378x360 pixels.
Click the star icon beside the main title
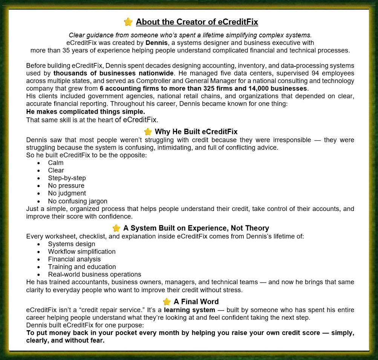128,22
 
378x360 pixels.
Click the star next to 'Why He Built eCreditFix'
148,131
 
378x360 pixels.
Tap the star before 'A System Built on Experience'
116,228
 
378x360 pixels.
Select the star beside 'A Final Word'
167,302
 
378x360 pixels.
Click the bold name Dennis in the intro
156,43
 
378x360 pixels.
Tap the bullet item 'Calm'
56,163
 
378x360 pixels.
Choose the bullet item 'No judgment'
67,193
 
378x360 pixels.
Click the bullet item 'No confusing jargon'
77,201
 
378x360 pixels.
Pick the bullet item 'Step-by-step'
67,178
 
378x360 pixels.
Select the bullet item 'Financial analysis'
74,259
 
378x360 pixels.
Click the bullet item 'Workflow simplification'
81,251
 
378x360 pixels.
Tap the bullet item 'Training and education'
82,267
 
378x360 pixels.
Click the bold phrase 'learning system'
190,310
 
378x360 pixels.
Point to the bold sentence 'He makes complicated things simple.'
86,112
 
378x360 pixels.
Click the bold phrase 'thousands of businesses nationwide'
113,73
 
